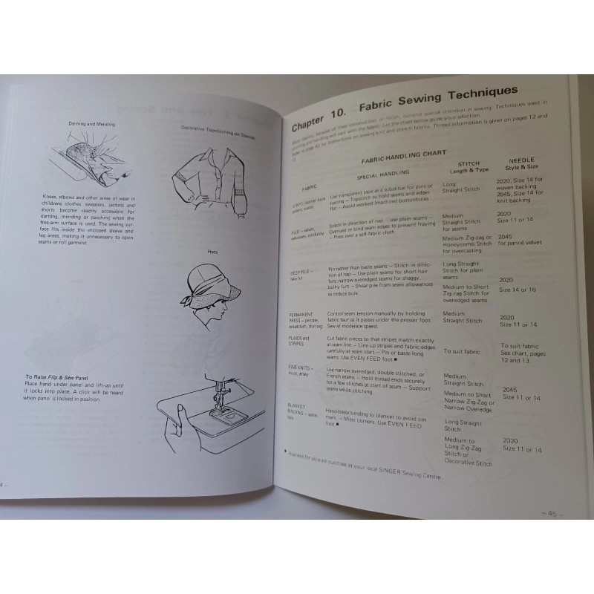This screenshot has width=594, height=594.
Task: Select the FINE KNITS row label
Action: click(x=301, y=369)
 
